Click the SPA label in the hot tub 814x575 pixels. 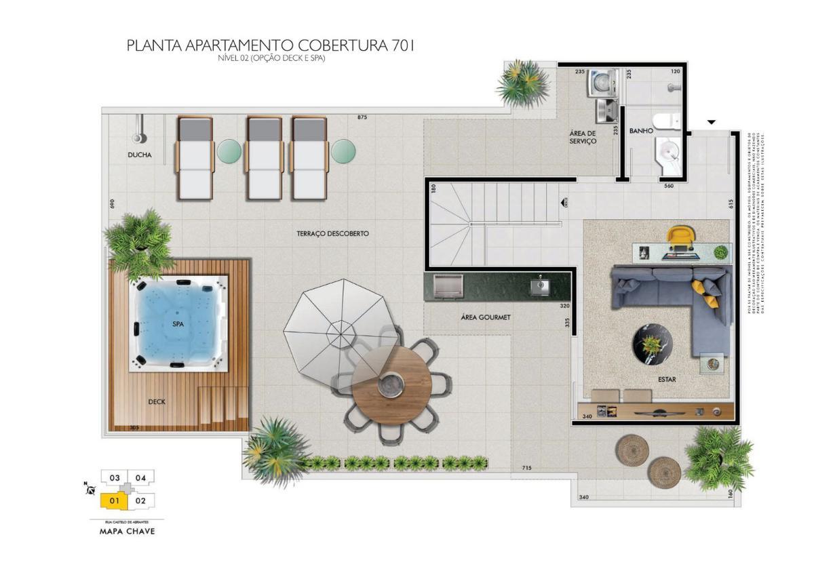tap(178, 324)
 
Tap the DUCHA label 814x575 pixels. tap(139, 155)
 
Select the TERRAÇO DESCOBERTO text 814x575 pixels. tap(332, 233)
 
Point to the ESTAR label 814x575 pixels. tap(667, 380)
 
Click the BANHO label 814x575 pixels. tap(640, 130)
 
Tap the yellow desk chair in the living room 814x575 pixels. tap(680, 238)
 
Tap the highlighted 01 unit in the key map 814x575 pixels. tap(114, 501)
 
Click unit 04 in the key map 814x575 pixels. tap(140, 477)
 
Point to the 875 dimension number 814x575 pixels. tap(362, 118)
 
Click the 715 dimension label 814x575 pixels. tap(526, 468)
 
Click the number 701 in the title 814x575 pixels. tap(402, 46)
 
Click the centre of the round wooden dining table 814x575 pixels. tap(392, 384)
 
